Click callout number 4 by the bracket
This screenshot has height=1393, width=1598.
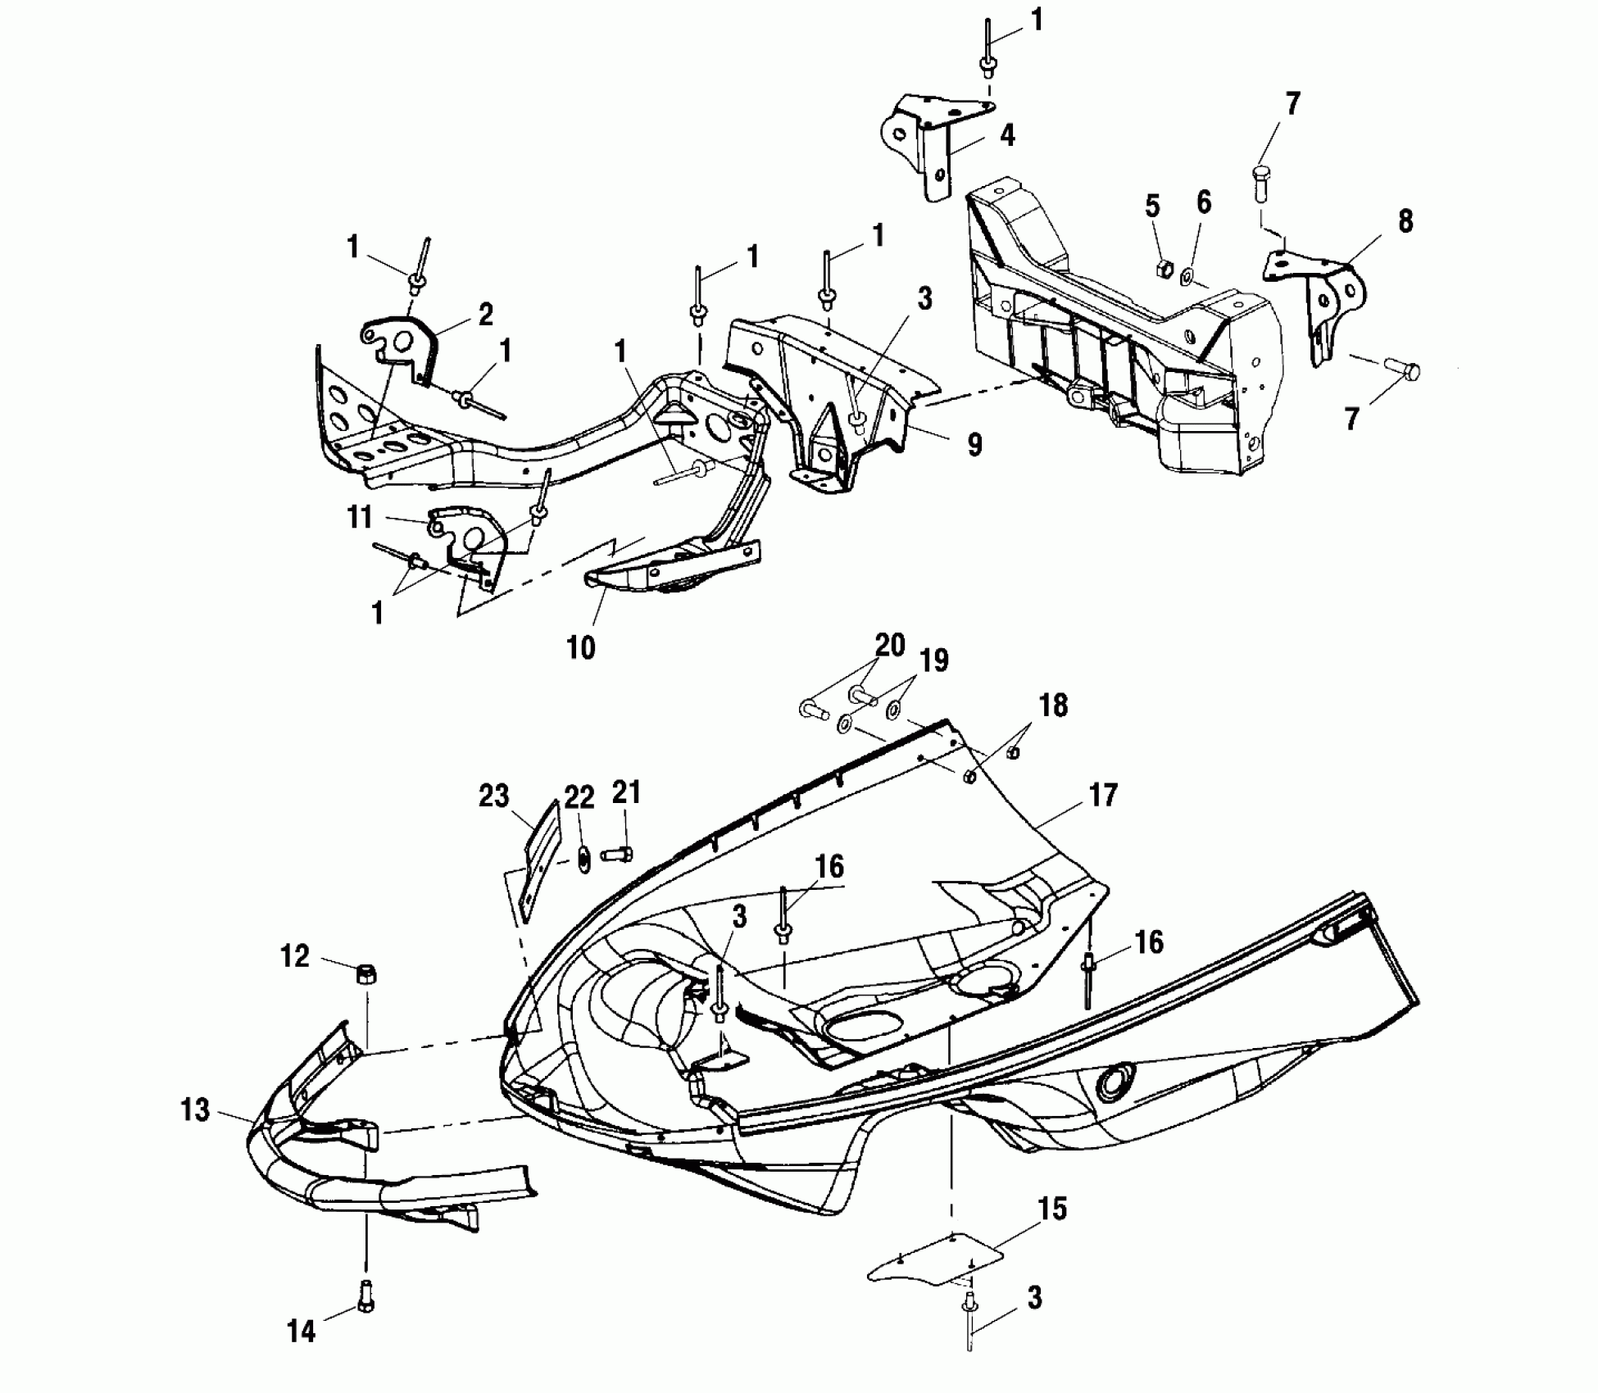[1007, 134]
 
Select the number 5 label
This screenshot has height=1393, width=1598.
[1152, 206]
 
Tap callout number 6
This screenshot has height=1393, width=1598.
[1203, 202]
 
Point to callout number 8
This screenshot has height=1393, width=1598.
[1405, 221]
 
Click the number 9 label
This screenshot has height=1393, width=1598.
[974, 444]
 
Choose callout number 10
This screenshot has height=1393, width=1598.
[580, 647]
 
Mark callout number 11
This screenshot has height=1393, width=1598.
[359, 517]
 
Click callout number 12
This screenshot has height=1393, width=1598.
[295, 956]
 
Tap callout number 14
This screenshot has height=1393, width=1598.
[301, 1332]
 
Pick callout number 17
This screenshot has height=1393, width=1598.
[1103, 794]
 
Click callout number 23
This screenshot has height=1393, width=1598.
[493, 796]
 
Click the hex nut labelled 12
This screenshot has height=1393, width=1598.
[366, 975]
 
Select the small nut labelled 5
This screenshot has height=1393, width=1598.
[1161, 269]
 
